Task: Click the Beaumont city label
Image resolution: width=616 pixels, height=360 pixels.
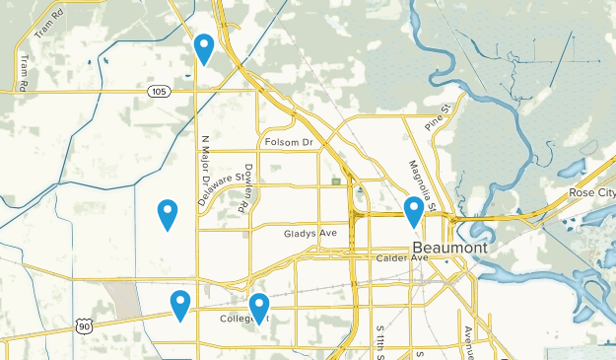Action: coord(448,248)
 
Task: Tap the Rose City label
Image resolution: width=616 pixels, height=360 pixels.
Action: coord(591,192)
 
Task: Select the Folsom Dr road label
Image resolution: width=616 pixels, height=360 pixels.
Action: coord(288,144)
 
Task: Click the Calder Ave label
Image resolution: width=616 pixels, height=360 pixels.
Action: coord(403,258)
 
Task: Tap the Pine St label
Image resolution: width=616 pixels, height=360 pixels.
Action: coord(437,120)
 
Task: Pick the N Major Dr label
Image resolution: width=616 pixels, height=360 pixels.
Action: coord(206,163)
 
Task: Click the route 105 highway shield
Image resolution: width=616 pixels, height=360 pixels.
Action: coord(158,91)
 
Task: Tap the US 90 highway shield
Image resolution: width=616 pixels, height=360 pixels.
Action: coord(86,325)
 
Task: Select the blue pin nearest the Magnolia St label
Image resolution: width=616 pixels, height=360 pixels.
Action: coord(414,210)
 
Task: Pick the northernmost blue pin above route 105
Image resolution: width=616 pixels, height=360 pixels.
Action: coord(204,46)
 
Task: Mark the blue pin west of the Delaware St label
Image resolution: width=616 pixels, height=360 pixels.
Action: coord(168,213)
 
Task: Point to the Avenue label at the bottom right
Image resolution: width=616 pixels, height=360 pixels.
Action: coord(470,340)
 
